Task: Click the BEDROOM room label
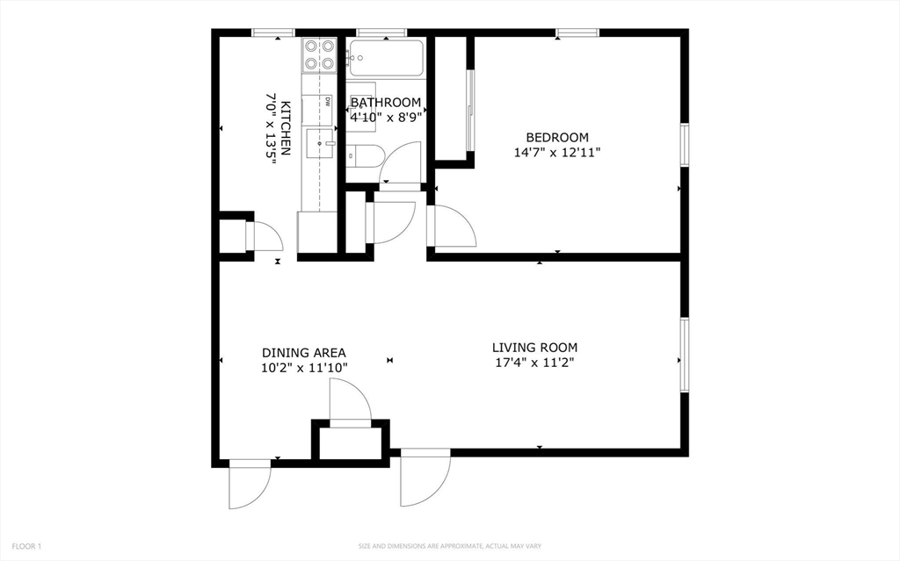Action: pos(556,138)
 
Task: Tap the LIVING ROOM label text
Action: pos(534,348)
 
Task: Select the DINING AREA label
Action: pos(303,353)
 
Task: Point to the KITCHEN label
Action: pos(286,128)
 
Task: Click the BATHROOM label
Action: pos(386,103)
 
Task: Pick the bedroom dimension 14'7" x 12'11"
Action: pos(556,153)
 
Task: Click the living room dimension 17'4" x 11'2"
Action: pos(534,363)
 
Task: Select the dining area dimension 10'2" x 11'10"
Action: pos(304,368)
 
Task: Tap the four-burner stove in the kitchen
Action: pos(319,55)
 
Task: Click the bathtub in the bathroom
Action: pos(386,58)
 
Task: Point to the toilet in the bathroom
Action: pos(365,155)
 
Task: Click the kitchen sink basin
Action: pos(320,143)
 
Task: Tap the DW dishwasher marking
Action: pos(328,102)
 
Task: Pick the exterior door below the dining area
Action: pos(249,484)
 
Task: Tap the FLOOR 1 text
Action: pos(26,547)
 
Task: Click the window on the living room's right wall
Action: pos(684,355)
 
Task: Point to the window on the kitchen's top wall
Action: pos(274,32)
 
